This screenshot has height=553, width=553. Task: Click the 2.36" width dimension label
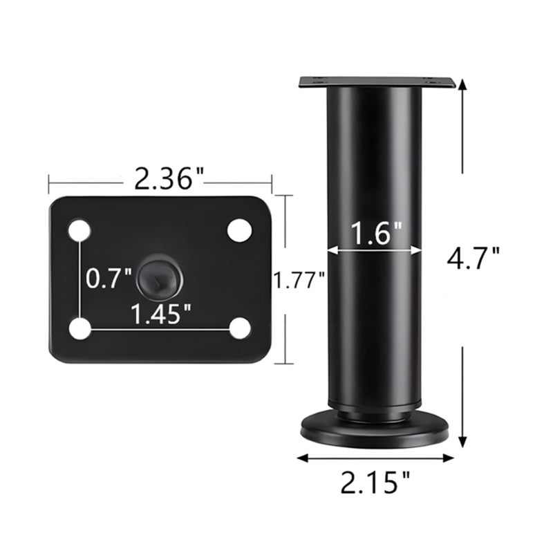point(169,179)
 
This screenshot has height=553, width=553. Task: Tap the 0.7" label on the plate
point(109,278)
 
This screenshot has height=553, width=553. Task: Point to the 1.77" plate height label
point(299,281)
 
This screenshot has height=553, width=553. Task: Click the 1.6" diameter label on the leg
point(376,233)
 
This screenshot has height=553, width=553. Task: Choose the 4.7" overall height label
point(473,258)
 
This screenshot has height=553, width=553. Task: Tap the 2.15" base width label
point(375,482)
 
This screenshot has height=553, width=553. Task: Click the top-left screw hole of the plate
point(79,232)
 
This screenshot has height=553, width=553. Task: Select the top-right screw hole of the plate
point(240,230)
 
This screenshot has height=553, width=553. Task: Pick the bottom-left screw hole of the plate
point(80,329)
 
